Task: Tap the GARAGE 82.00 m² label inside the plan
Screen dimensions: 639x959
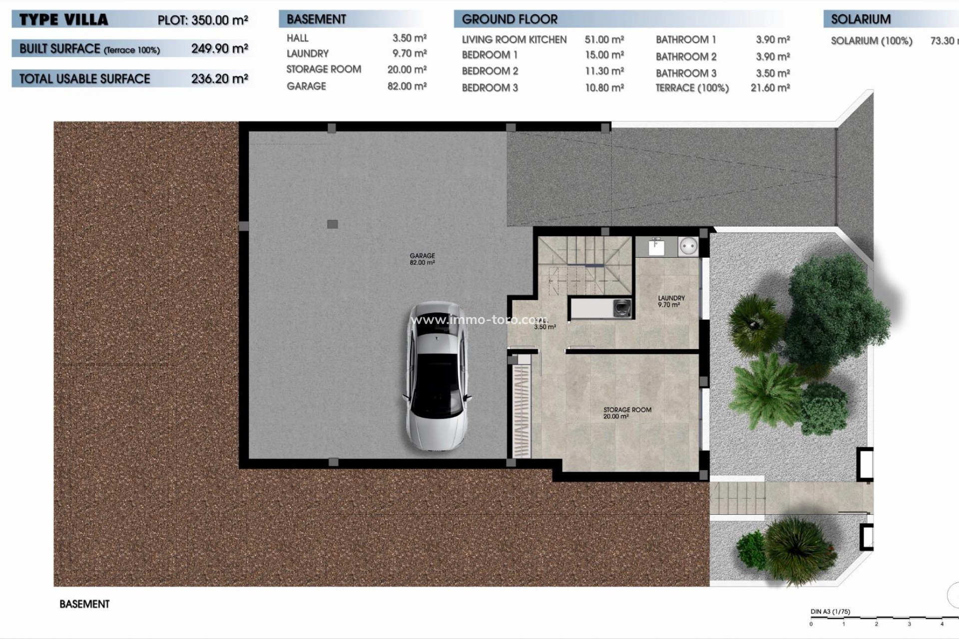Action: [x=422, y=259]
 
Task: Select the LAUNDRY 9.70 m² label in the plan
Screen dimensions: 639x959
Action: [x=671, y=301]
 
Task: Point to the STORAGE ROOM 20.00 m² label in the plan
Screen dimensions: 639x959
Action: [x=627, y=412]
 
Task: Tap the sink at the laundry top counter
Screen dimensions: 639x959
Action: [x=656, y=247]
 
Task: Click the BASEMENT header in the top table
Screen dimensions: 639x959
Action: [x=316, y=19]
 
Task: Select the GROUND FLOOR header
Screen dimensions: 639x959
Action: [x=509, y=19]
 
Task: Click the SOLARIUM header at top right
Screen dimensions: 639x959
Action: [x=860, y=19]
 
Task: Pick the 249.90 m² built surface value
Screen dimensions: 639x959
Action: [x=219, y=48]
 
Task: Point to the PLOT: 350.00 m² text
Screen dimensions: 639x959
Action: [x=202, y=20]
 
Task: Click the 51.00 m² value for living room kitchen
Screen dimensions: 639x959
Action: [x=604, y=39]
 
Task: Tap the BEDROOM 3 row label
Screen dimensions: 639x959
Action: [x=489, y=88]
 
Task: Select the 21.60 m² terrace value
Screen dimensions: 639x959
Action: [x=770, y=88]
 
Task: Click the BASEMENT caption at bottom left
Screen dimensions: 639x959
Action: [x=84, y=604]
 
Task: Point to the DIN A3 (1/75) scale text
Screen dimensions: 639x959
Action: [x=830, y=612]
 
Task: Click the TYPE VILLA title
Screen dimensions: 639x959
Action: [x=63, y=20]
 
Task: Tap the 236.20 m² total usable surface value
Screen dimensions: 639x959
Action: [x=219, y=78]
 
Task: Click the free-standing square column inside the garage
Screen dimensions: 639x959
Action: [x=332, y=224]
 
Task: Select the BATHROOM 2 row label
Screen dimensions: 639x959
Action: [x=686, y=56]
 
